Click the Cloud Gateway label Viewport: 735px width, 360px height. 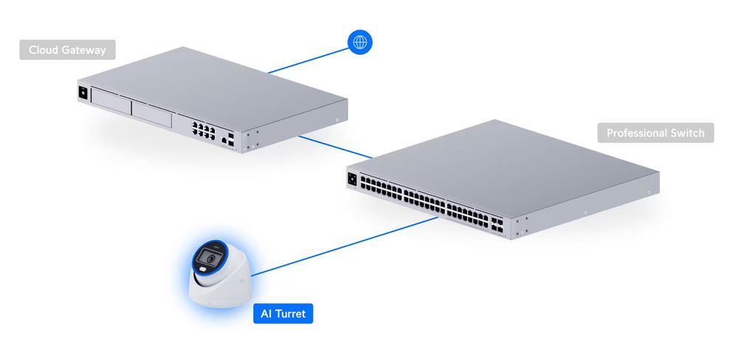67,49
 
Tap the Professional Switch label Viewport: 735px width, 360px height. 655,133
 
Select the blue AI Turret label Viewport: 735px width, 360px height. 283,314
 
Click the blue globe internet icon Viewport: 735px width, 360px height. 360,42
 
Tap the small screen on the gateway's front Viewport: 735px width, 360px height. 83,93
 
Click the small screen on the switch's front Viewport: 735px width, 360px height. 353,179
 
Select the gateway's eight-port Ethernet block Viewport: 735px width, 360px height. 203,130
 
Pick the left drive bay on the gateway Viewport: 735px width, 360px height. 111,101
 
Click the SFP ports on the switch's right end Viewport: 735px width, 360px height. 497,224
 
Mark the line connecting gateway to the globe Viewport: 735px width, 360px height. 308,60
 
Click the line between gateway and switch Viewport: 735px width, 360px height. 336,148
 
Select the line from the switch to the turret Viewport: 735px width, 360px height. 345,246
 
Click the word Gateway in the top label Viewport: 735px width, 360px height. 87,50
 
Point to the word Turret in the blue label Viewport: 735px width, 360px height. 290,314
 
